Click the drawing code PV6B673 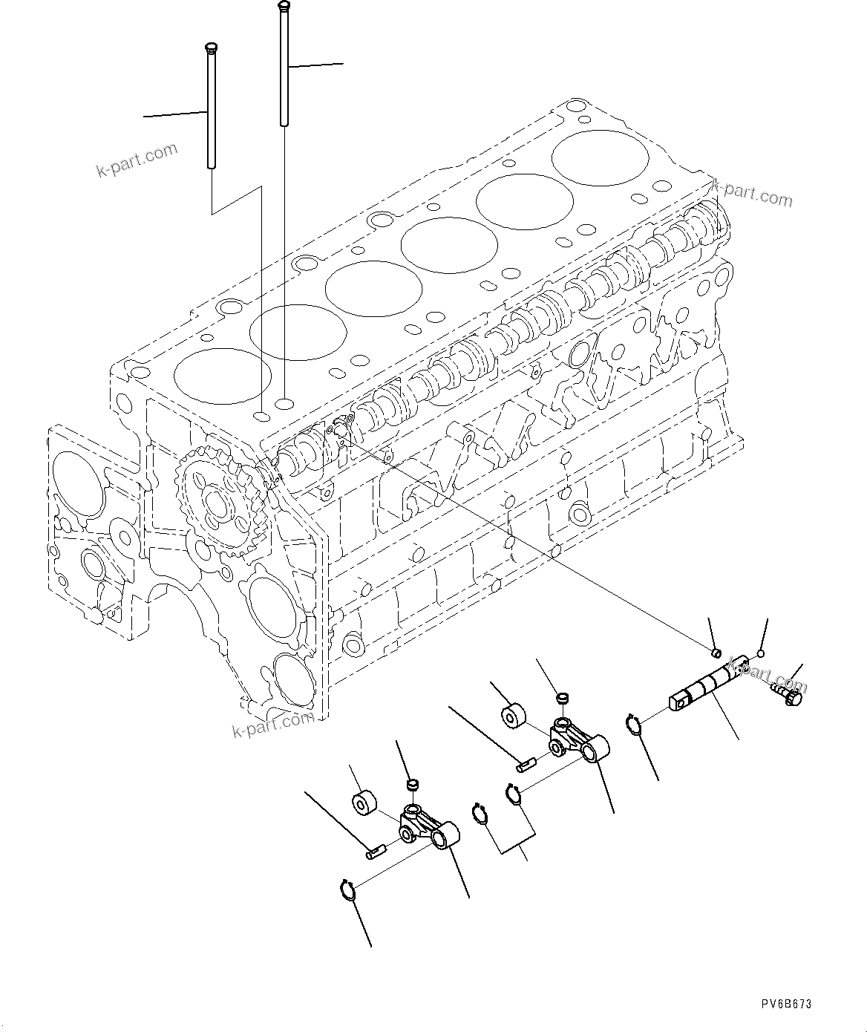point(786,1004)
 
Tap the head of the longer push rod point(282,7)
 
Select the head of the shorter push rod point(209,48)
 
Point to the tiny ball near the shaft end point(760,654)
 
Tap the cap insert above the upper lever point(563,698)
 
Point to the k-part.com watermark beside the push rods point(137,159)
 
